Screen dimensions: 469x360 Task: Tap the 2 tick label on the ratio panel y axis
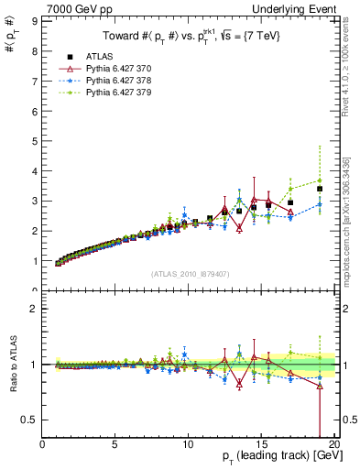click(35, 310)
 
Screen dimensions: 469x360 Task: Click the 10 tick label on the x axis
click(188, 446)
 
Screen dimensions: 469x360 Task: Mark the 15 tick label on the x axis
click(261, 446)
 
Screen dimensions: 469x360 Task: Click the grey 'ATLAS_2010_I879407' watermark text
click(190, 273)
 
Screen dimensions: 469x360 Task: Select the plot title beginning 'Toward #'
click(191, 37)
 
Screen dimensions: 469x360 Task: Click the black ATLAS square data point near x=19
click(320, 190)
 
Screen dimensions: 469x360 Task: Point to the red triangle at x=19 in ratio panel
click(320, 387)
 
